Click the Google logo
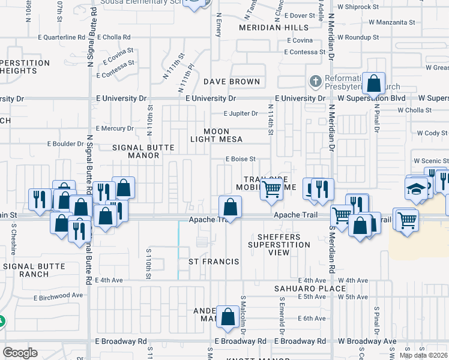pos(20,353)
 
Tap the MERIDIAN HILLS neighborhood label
pos(273,28)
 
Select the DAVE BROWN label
pos(232,82)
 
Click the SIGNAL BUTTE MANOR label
pos(143,151)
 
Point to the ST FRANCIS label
pos(214,262)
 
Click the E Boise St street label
pos(241,159)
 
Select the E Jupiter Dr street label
pos(241,113)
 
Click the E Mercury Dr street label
pos(114,128)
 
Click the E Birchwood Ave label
pos(58,296)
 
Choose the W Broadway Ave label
pos(366,341)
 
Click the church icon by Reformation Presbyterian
pos(315,81)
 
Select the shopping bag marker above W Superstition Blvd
pos(374,83)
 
